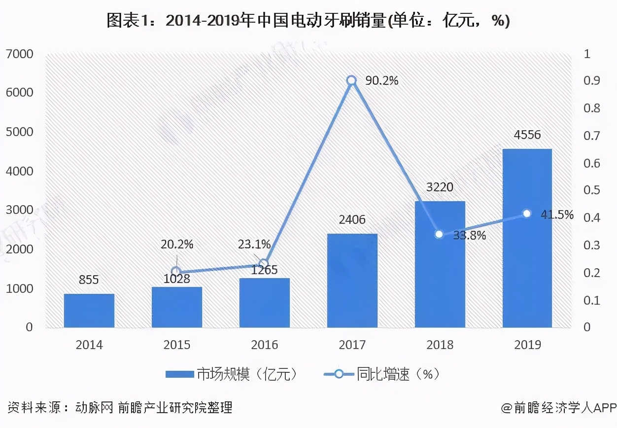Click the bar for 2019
[527, 238]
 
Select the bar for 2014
[89, 311]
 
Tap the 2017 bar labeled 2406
[352, 281]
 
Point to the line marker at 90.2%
[351, 80]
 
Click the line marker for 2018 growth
[439, 234]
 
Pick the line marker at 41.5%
[527, 214]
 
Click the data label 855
[89, 280]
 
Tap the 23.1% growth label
[254, 244]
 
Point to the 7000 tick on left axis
[19, 54]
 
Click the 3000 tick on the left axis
[19, 210]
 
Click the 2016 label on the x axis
[264, 345]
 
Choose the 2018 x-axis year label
[440, 345]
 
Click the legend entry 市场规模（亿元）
[232, 374]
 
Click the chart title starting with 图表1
[308, 21]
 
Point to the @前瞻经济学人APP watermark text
[558, 408]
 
